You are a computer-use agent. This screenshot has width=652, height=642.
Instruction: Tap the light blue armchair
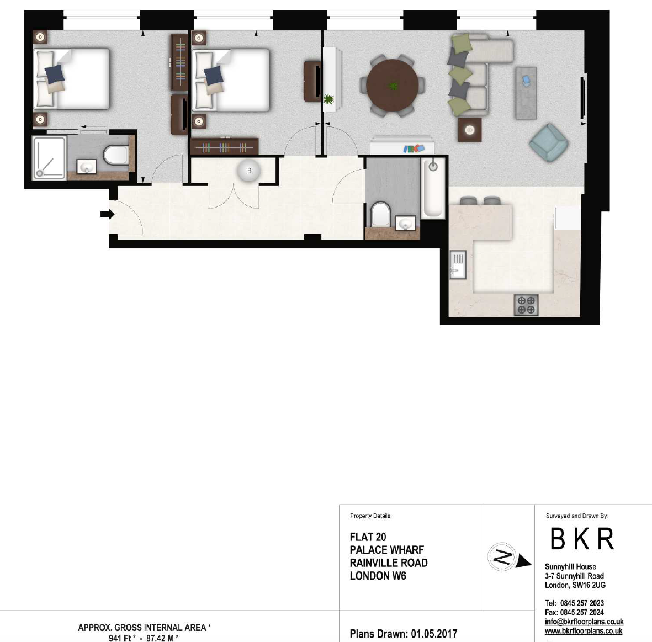(x=549, y=142)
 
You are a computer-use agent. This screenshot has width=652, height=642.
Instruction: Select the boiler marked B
(x=250, y=171)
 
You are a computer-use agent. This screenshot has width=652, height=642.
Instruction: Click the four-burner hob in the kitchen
(x=526, y=305)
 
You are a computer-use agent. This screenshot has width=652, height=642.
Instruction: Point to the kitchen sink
(x=458, y=265)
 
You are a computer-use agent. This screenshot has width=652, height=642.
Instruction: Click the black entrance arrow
(x=107, y=214)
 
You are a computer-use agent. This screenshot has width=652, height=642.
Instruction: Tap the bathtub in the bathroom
(x=433, y=188)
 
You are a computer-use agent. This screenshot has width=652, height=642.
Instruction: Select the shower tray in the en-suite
(x=49, y=158)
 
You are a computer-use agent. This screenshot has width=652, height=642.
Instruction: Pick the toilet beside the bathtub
(x=380, y=214)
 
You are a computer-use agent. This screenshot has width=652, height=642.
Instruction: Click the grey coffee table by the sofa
(x=526, y=93)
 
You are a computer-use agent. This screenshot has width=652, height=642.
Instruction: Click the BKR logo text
(x=582, y=539)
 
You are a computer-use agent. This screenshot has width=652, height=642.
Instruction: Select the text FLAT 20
(x=368, y=537)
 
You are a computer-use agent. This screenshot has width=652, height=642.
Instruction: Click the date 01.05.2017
(x=434, y=634)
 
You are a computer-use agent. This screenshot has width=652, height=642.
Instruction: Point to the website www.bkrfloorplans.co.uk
(x=584, y=631)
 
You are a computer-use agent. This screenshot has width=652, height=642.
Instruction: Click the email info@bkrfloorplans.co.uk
(x=584, y=622)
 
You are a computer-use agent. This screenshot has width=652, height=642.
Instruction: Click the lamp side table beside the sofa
(x=470, y=130)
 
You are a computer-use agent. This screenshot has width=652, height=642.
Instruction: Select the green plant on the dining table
(x=393, y=86)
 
